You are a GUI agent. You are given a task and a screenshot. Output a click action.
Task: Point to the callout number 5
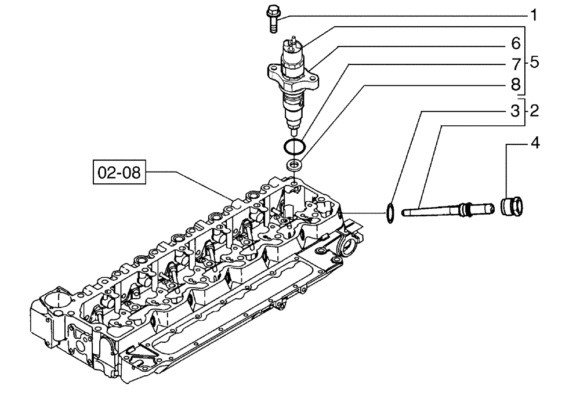(x=534, y=61)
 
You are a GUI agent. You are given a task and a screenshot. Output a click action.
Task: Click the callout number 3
(x=516, y=111)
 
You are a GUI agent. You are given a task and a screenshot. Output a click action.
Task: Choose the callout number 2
(x=534, y=111)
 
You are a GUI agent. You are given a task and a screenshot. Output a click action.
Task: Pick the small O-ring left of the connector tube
(x=390, y=212)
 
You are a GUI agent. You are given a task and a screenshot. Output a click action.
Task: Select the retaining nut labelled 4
(x=512, y=205)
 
